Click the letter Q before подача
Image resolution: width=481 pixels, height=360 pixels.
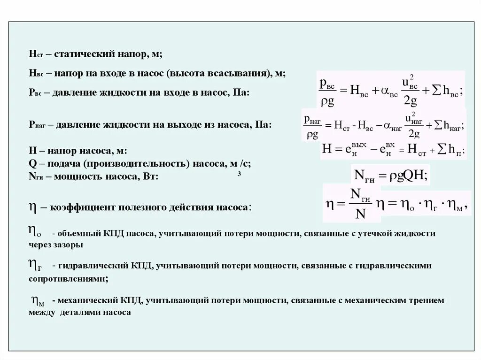click(x=32, y=164)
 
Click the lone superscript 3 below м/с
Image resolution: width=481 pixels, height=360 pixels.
click(x=239, y=175)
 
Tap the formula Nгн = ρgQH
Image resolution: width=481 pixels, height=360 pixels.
click(x=389, y=176)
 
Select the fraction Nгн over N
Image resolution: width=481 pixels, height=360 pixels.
click(x=360, y=204)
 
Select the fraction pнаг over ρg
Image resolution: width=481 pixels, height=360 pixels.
click(x=312, y=127)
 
